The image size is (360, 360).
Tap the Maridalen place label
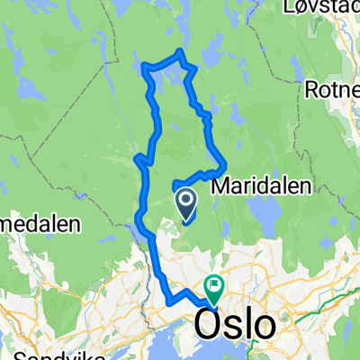(x=261, y=185)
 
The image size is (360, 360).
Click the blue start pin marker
(x=186, y=204)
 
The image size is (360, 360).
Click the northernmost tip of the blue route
(x=180, y=51)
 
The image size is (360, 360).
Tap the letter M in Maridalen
(x=220, y=185)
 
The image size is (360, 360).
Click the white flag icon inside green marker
(x=214, y=286)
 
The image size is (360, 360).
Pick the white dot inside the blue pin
(x=186, y=199)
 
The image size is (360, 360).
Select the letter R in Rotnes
(x=311, y=90)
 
